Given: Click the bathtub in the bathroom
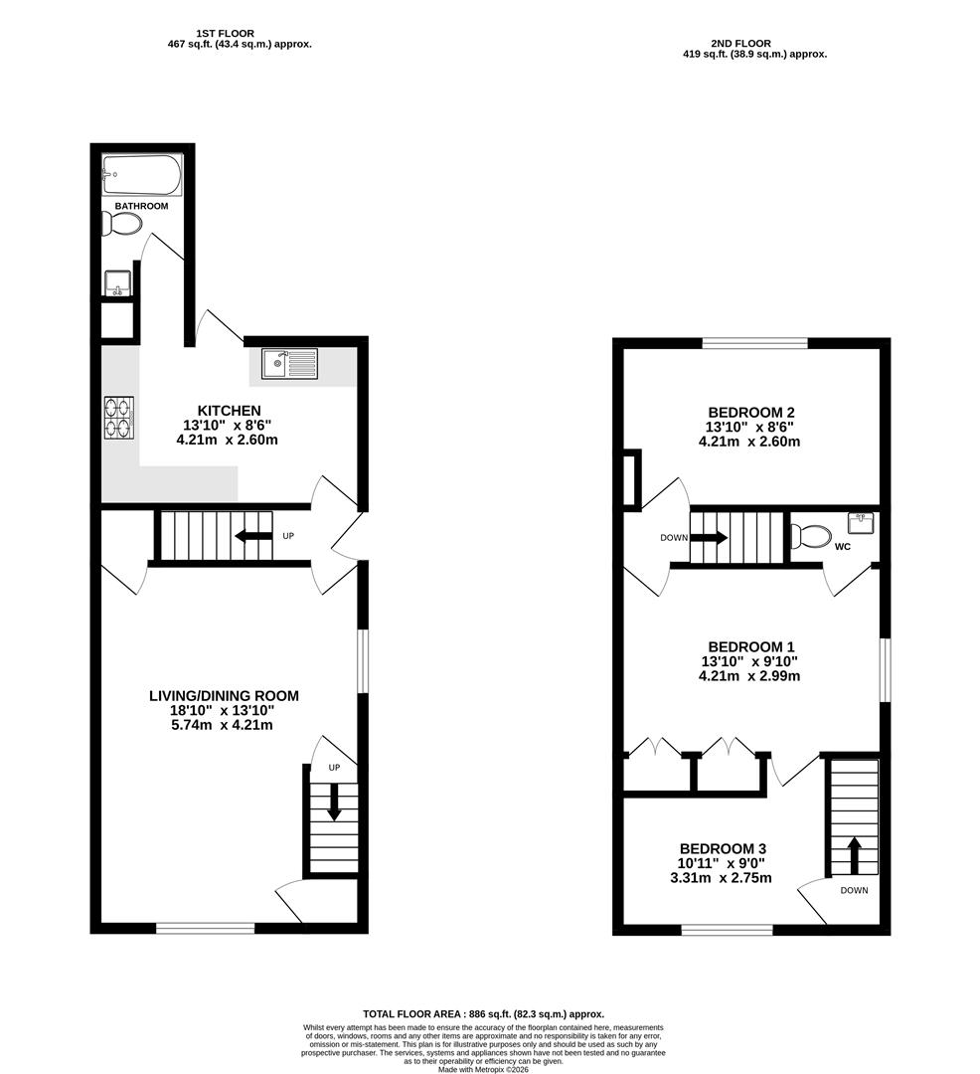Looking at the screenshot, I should pyautogui.click(x=142, y=175).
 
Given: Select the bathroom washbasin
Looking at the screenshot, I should pyautogui.click(x=117, y=284).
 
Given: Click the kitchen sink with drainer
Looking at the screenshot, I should pyautogui.click(x=289, y=364).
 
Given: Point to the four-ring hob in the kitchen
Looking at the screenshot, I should pyautogui.click(x=118, y=417).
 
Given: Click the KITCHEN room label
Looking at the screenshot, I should pyautogui.click(x=229, y=411).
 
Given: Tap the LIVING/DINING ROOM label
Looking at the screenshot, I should pyautogui.click(x=224, y=696).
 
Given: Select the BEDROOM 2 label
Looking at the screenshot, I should pyautogui.click(x=750, y=413).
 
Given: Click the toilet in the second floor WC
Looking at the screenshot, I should pyautogui.click(x=811, y=537).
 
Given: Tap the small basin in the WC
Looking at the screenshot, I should pyautogui.click(x=861, y=522).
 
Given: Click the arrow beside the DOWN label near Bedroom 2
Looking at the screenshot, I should pyautogui.click(x=709, y=538).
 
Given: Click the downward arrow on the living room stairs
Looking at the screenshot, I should pyautogui.click(x=334, y=803).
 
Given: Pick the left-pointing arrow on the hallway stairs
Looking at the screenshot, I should pyautogui.click(x=253, y=537).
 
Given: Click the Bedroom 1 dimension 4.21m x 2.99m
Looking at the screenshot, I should pyautogui.click(x=749, y=676).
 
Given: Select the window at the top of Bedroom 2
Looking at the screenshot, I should pyautogui.click(x=754, y=344).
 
